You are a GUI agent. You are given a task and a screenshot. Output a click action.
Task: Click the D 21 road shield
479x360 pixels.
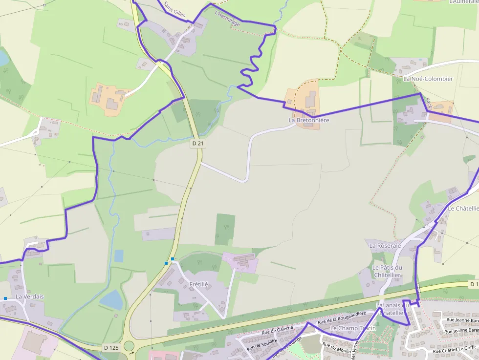[197, 144]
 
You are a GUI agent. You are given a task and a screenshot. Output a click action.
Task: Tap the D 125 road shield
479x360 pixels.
[111, 347]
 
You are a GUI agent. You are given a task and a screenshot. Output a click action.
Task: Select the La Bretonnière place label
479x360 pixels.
[309, 120]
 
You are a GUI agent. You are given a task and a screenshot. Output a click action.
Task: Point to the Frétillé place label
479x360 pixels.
[199, 284]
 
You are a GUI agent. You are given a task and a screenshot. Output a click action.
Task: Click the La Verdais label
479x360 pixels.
[30, 296]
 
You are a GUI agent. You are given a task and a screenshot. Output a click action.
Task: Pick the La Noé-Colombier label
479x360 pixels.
[428, 79]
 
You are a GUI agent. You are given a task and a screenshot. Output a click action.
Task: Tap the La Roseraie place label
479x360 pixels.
[385, 246]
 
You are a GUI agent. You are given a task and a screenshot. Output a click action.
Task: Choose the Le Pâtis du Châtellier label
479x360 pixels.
[387, 271]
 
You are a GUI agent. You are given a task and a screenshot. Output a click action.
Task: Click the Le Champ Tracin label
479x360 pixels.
[353, 328]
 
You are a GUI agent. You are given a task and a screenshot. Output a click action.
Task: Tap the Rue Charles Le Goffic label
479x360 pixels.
[455, 350]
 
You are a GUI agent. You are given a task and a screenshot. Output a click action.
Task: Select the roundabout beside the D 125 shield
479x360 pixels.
[129, 346]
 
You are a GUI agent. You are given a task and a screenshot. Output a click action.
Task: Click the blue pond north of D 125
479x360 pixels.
[112, 300]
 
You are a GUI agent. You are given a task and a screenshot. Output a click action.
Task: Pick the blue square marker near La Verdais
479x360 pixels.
[5, 298]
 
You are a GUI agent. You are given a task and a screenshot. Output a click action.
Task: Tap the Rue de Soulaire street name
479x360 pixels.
[259, 343]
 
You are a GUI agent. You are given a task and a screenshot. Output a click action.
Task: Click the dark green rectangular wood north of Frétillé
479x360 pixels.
[225, 229]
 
